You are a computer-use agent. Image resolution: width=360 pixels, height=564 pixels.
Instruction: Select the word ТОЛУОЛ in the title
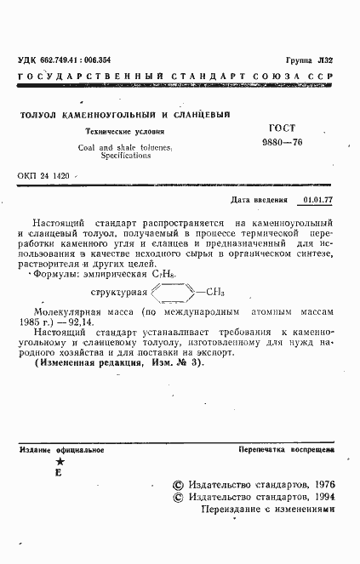[x=40, y=114]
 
